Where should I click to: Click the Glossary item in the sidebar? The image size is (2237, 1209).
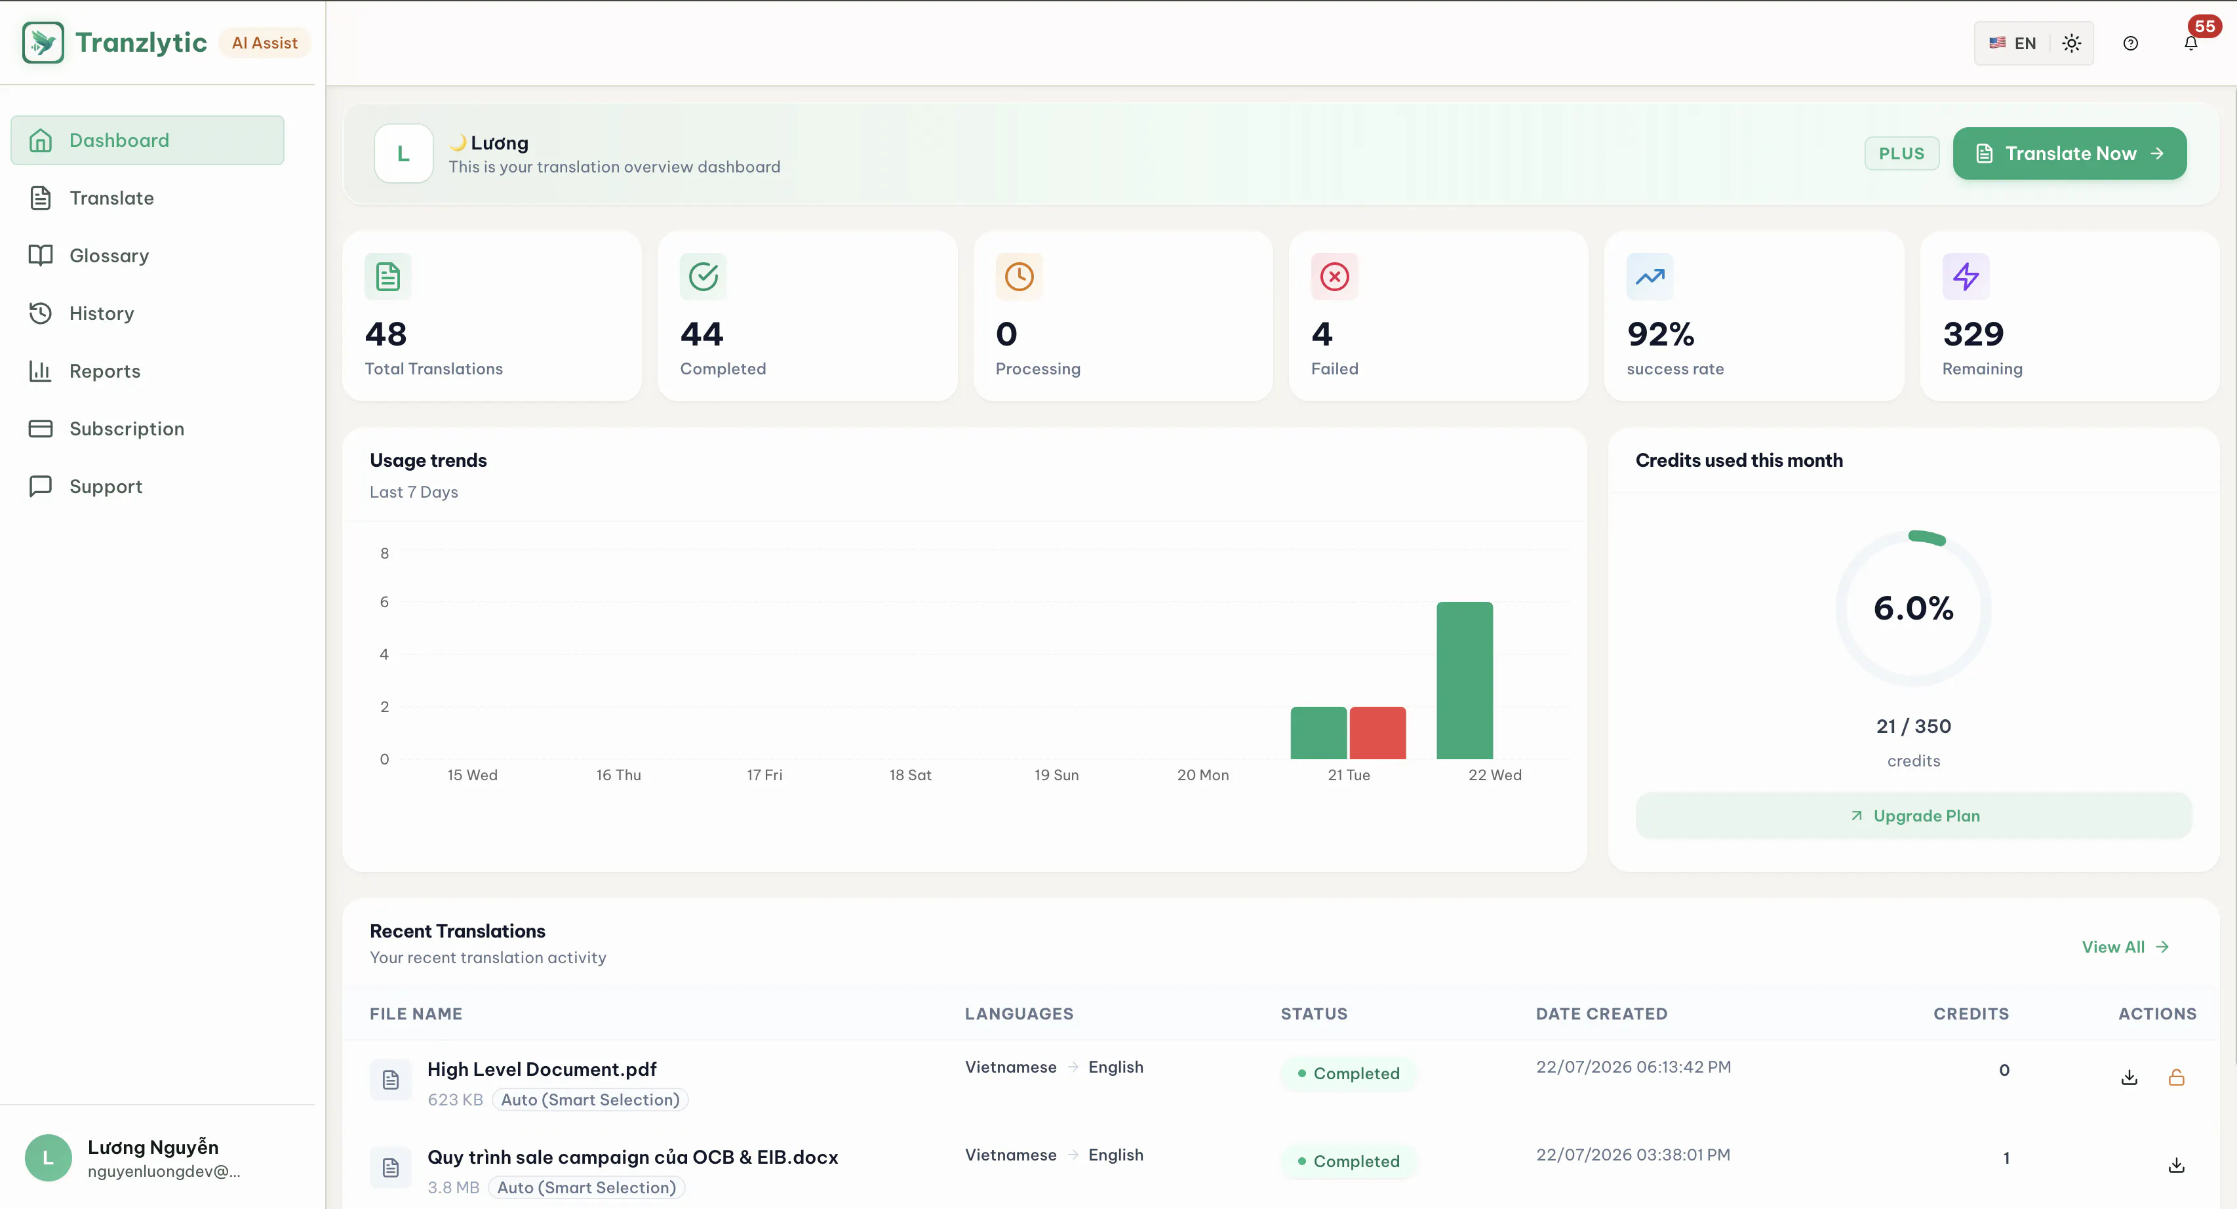pos(109,255)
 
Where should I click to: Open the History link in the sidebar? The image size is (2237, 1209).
pos(101,313)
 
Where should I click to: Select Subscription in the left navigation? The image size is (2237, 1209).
pos(126,428)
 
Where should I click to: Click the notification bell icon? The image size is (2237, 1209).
pos(2191,43)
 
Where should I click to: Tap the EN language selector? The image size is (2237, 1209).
pos(2012,43)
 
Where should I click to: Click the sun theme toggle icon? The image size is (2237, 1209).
pos(2071,43)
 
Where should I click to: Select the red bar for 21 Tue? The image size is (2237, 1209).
pos(1377,733)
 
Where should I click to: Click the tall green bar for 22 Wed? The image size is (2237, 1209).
pos(1464,680)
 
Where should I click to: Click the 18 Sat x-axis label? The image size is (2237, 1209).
pos(910,775)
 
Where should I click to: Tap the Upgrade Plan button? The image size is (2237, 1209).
pos(1913,816)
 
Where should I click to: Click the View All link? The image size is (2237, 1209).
pos(2125,947)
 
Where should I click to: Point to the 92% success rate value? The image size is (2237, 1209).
pos(1661,334)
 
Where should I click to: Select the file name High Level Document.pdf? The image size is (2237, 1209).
pos(542,1069)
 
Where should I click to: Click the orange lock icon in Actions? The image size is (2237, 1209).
pos(2176,1077)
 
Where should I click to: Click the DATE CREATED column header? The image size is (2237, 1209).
pos(1601,1014)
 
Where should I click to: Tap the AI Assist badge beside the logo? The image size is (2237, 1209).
pos(264,43)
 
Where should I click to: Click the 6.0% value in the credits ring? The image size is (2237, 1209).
pos(1913,608)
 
